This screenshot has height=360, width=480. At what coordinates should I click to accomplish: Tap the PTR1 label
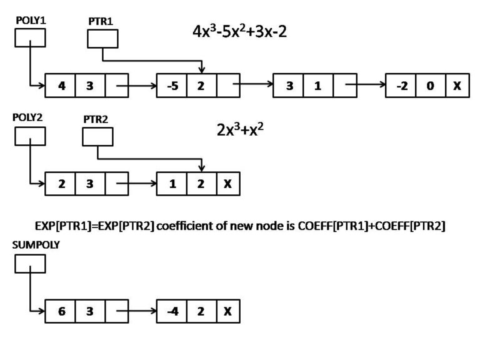(100, 21)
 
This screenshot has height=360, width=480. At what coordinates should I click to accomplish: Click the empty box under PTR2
(97, 136)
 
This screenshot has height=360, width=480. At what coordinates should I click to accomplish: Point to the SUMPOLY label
(36, 245)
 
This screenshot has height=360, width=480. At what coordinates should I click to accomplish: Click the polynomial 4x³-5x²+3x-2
(240, 31)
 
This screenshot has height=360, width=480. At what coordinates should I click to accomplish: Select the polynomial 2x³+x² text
(236, 132)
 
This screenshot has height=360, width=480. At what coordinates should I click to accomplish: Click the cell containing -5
(171, 86)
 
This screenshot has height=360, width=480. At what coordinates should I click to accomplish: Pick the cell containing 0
(431, 86)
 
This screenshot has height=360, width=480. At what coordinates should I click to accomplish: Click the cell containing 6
(61, 310)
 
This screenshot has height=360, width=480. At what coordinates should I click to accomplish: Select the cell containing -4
(171, 310)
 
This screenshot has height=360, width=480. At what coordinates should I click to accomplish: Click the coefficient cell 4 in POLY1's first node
(61, 86)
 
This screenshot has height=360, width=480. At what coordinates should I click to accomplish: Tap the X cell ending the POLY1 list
(457, 86)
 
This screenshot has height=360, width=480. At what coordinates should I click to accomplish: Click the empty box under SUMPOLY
(30, 265)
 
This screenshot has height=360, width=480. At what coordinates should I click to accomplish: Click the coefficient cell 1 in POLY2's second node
(171, 185)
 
